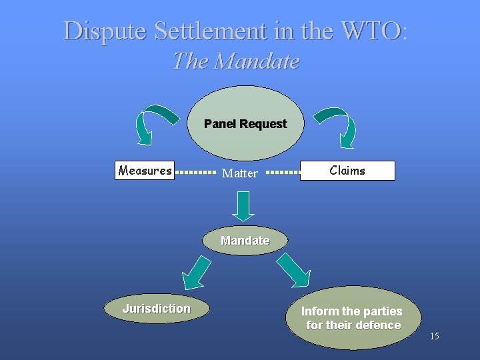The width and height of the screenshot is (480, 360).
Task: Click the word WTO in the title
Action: (371, 31)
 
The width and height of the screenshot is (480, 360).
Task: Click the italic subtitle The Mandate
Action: (235, 61)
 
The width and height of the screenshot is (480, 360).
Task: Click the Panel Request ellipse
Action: (245, 123)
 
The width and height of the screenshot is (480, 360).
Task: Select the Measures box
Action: (145, 171)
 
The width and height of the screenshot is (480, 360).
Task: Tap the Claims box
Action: (347, 171)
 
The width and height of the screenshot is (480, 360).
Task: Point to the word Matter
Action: (239, 173)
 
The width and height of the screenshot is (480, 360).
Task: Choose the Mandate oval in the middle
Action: (245, 241)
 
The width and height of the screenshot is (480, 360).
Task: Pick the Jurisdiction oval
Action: (156, 309)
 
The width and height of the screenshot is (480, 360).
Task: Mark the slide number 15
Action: (434, 336)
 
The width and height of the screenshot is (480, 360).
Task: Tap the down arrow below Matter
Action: (245, 205)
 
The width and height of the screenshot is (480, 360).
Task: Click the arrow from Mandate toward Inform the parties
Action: (293, 271)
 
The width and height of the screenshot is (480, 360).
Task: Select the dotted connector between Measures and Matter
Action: (197, 172)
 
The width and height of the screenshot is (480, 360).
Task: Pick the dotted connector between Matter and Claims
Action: (283, 172)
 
